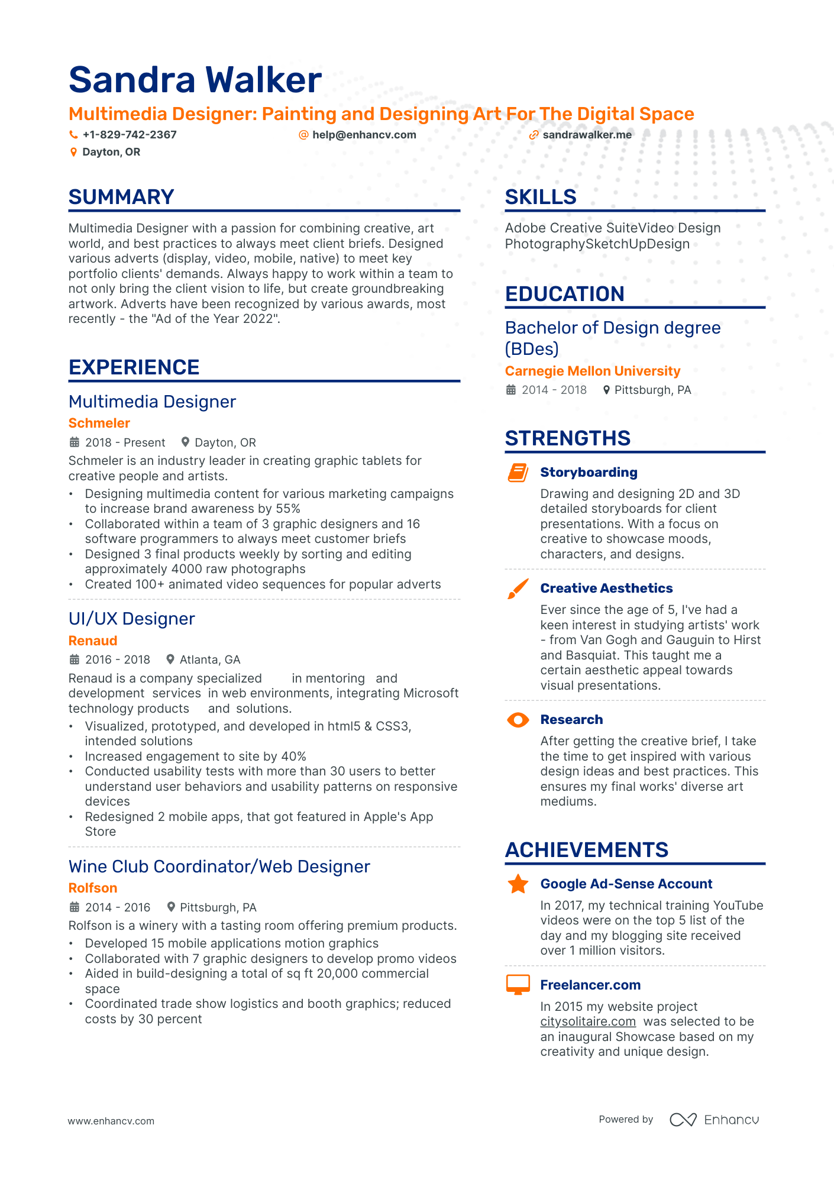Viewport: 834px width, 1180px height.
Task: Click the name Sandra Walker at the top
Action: [x=195, y=80]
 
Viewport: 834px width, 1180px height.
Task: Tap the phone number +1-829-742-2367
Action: [x=129, y=135]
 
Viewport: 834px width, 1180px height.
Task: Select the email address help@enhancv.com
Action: [x=364, y=135]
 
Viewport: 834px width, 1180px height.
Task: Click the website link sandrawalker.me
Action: [x=587, y=135]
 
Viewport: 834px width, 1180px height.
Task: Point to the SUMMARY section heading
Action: [x=121, y=197]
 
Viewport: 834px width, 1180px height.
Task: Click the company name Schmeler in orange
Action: [x=99, y=423]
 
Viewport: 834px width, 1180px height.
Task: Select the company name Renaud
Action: [x=93, y=641]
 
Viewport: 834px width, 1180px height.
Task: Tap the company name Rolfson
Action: [x=93, y=888]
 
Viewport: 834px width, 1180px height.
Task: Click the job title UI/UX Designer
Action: [x=131, y=619]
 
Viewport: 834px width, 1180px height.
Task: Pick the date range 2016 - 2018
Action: [x=117, y=660]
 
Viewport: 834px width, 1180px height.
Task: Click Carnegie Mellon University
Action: [x=592, y=371]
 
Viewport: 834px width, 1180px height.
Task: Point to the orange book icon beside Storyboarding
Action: [x=518, y=473]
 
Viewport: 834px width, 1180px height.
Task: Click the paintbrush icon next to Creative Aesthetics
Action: [x=518, y=589]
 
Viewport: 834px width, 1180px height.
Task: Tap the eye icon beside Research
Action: [x=518, y=720]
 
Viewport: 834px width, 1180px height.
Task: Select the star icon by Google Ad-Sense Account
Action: [x=518, y=884]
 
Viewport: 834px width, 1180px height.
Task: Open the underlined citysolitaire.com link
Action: [x=588, y=1022]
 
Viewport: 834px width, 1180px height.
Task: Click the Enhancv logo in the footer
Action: [x=714, y=1120]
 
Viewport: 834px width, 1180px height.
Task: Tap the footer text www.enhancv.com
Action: [x=111, y=1121]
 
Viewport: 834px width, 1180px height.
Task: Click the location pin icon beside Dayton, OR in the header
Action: [x=73, y=153]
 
